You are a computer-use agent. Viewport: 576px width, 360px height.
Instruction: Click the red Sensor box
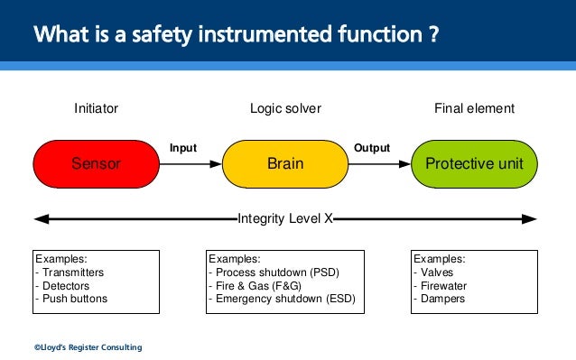pos(96,164)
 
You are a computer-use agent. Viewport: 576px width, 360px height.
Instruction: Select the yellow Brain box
pos(285,164)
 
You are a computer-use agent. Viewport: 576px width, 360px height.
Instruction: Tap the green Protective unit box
pos(474,164)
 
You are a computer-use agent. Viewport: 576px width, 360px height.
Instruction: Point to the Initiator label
pos(96,109)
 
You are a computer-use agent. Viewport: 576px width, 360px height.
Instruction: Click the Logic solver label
pos(285,109)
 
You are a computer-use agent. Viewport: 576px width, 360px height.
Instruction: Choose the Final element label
pos(474,109)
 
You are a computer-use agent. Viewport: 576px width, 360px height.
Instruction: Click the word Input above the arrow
pos(183,148)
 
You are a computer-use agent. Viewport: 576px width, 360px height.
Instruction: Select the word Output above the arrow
pos(372,148)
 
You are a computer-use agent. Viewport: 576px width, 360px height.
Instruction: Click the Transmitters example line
pos(71,272)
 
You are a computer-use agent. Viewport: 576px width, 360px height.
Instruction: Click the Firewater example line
pos(442,285)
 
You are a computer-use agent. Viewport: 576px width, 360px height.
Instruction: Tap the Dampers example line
pos(441,299)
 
